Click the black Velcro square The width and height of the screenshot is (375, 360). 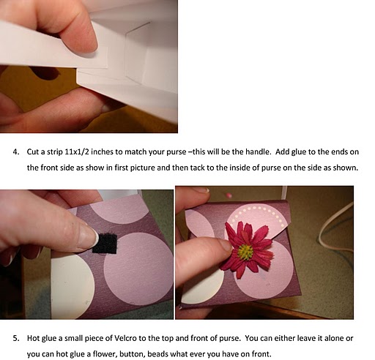[105, 244]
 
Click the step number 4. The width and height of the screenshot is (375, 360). [16, 152]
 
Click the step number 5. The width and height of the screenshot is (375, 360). [16, 338]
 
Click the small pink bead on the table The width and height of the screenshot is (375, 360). [229, 195]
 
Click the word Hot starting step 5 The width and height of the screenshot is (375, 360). [33, 338]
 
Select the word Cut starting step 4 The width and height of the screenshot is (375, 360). [33, 152]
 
